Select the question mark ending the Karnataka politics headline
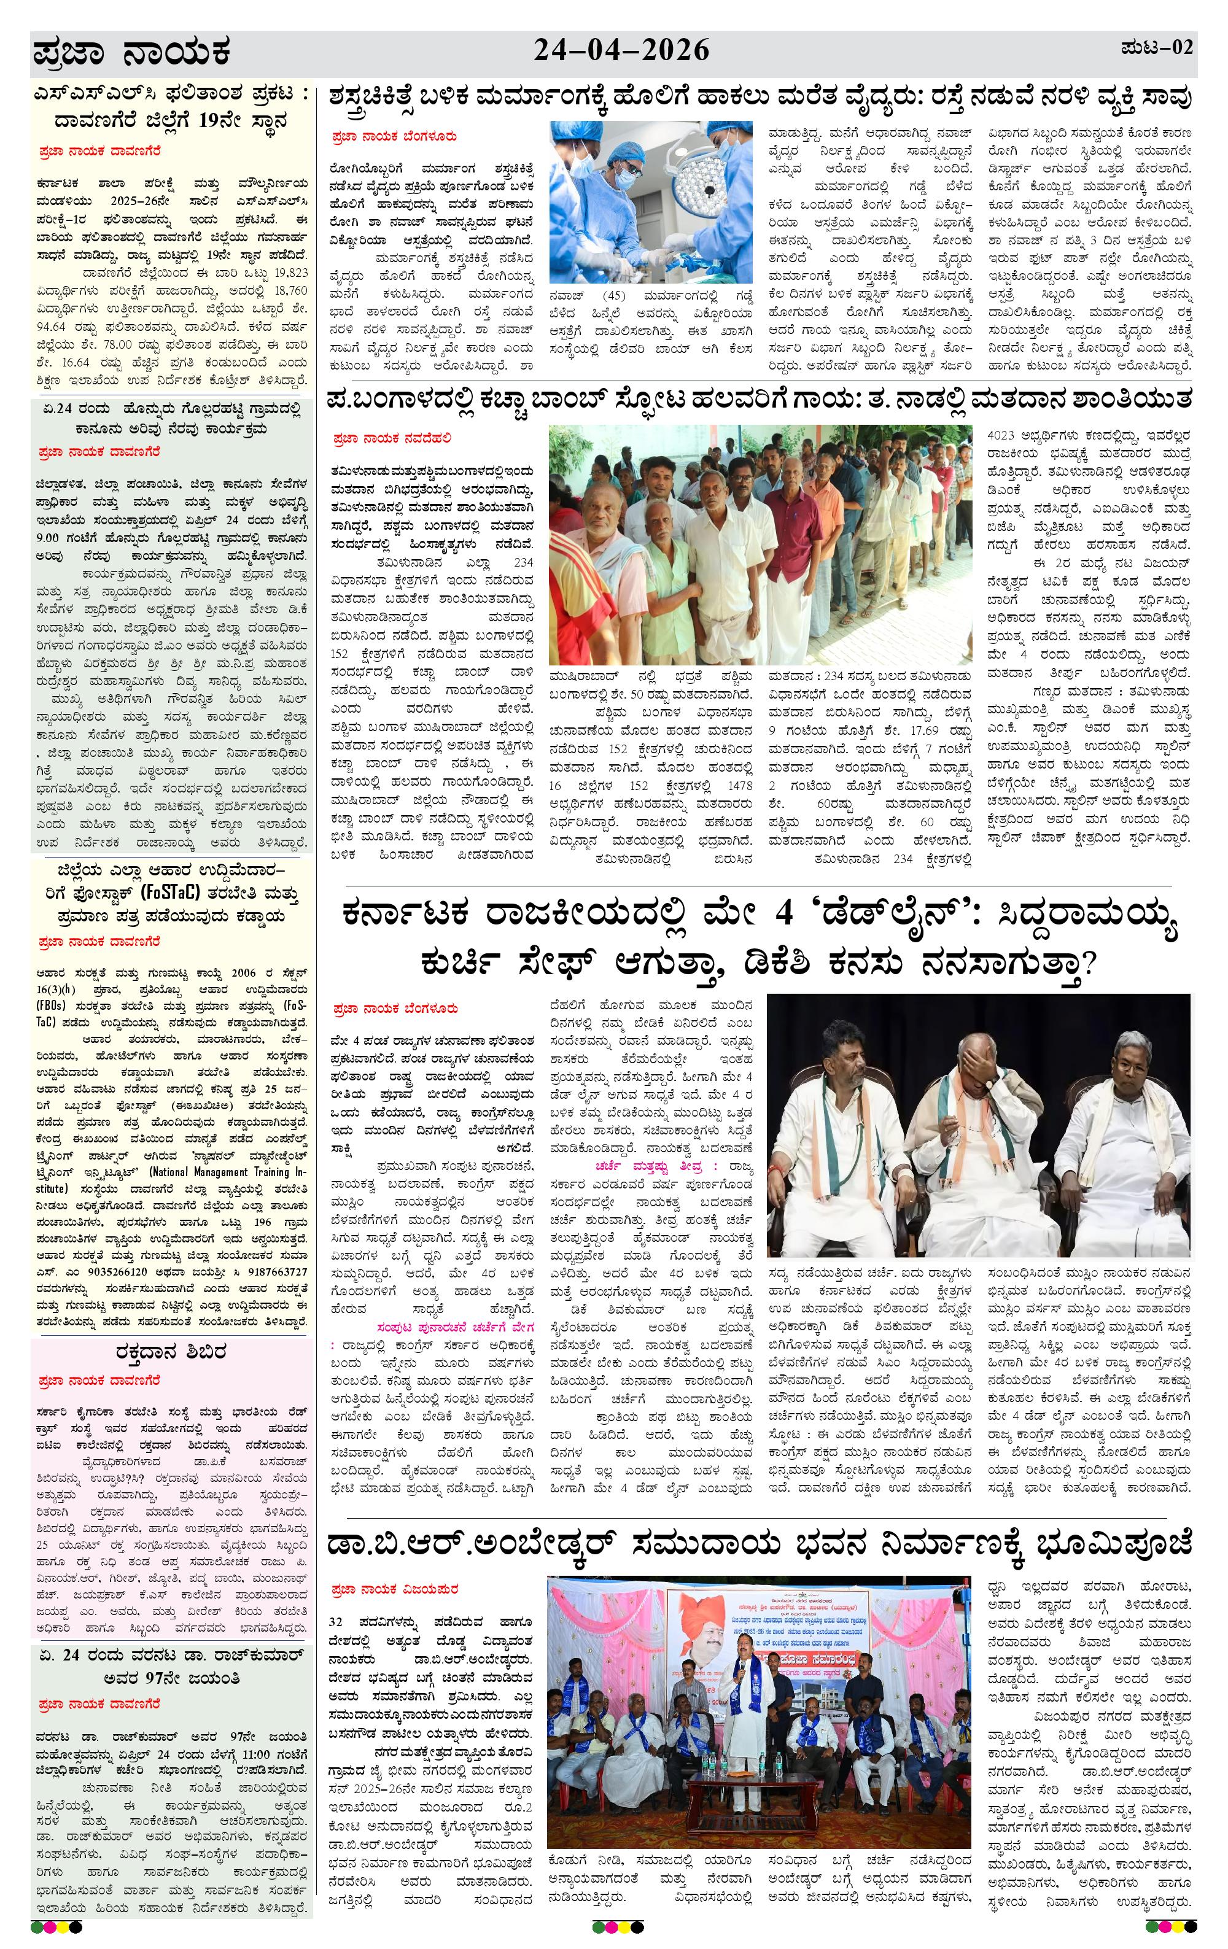click(1088, 964)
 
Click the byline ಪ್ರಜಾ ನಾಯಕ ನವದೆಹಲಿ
click(391, 439)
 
